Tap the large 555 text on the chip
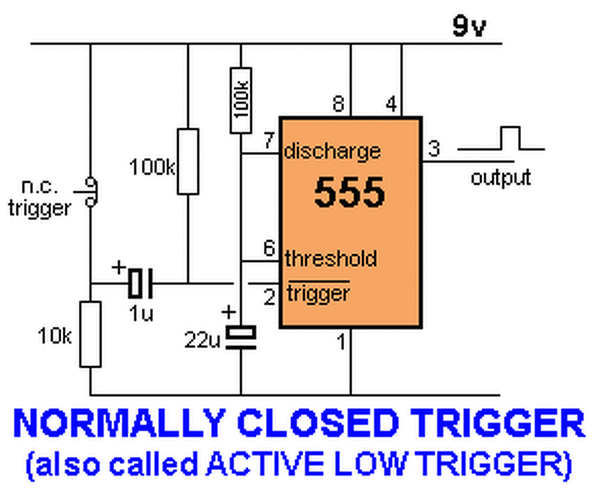350,193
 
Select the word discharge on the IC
332,151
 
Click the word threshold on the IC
331,259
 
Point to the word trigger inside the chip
318,293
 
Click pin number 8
338,104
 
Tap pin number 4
391,104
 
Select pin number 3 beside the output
434,148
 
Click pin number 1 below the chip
341,341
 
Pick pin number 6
269,248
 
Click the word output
500,178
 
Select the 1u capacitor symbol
140,283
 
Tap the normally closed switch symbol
91,192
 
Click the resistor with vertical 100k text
240,100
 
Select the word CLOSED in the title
318,423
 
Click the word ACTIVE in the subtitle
265,463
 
